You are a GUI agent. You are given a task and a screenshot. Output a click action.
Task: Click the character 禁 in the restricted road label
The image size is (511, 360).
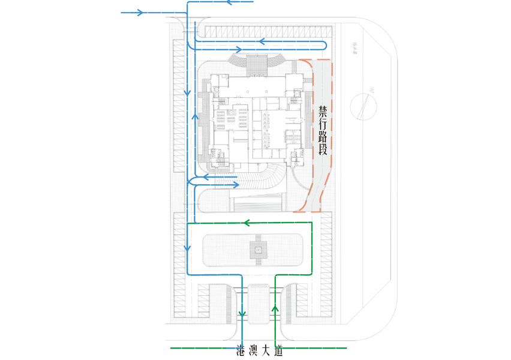click(x=323, y=112)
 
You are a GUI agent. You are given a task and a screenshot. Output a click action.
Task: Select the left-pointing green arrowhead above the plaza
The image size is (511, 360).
click(x=246, y=223)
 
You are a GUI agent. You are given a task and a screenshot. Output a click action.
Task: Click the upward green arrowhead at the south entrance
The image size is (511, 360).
click(x=275, y=309)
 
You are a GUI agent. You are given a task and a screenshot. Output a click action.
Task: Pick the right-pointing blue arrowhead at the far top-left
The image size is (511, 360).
click(x=140, y=12)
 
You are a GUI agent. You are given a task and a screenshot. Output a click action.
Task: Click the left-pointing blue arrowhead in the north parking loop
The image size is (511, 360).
click(x=262, y=41)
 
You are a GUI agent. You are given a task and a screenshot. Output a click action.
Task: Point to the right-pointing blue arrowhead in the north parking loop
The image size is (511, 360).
click(x=238, y=49)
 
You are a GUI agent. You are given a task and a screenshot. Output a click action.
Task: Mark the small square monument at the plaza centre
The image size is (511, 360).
click(x=258, y=250)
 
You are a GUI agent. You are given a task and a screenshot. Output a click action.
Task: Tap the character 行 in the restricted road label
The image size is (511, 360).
click(x=323, y=125)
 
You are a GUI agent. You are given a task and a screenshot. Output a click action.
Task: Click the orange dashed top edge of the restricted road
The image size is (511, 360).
click(x=315, y=60)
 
